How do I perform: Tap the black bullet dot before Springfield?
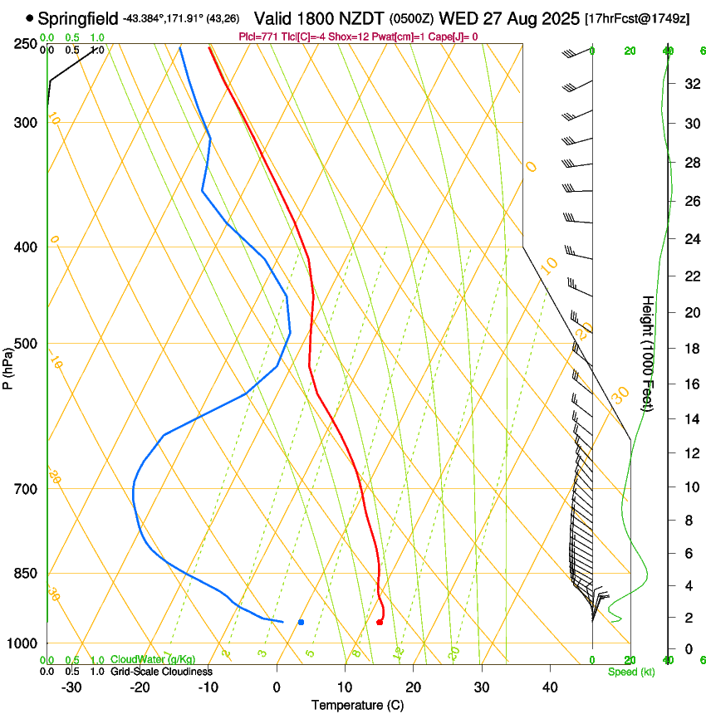click(x=30, y=17)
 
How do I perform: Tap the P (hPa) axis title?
click(x=8, y=365)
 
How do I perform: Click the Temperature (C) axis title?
click(x=357, y=706)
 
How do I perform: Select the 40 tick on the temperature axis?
click(x=549, y=687)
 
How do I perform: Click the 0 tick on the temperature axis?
click(x=277, y=687)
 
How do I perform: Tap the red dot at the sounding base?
click(x=380, y=622)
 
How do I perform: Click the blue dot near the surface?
click(x=301, y=622)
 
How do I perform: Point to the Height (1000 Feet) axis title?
click(x=649, y=353)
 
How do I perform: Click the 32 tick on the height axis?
click(x=690, y=83)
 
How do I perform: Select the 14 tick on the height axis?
click(x=690, y=419)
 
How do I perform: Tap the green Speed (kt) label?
click(x=630, y=672)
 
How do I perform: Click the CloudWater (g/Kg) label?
click(x=153, y=660)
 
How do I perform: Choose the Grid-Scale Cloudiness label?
click(x=161, y=672)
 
